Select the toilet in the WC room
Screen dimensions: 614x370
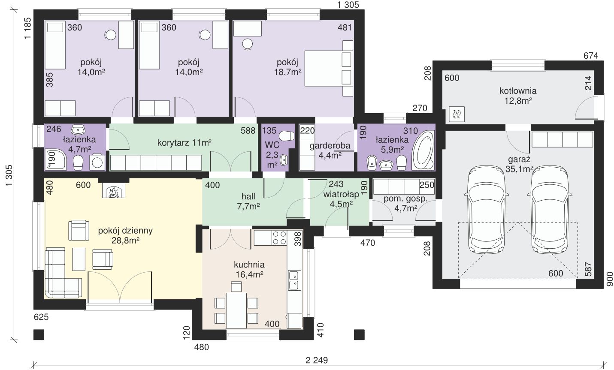click(x=287, y=135)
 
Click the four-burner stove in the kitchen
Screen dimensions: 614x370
click(x=279, y=238)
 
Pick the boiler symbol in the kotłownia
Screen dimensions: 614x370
click(x=457, y=114)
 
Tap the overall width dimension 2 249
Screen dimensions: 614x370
click(x=317, y=360)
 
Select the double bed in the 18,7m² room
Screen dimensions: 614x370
click(x=329, y=68)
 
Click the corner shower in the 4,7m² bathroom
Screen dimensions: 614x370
click(x=55, y=159)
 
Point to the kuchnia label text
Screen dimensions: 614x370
click(x=249, y=265)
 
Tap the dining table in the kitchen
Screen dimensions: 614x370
click(x=236, y=310)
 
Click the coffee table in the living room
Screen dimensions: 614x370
click(x=79, y=259)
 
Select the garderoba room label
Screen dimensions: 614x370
click(x=330, y=146)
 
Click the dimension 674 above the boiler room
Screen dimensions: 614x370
click(x=591, y=56)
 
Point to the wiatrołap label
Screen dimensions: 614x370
click(x=341, y=195)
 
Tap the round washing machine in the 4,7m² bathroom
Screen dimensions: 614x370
click(x=97, y=162)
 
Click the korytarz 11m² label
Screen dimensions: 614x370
click(x=184, y=143)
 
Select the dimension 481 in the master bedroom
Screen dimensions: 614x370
click(x=345, y=27)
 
